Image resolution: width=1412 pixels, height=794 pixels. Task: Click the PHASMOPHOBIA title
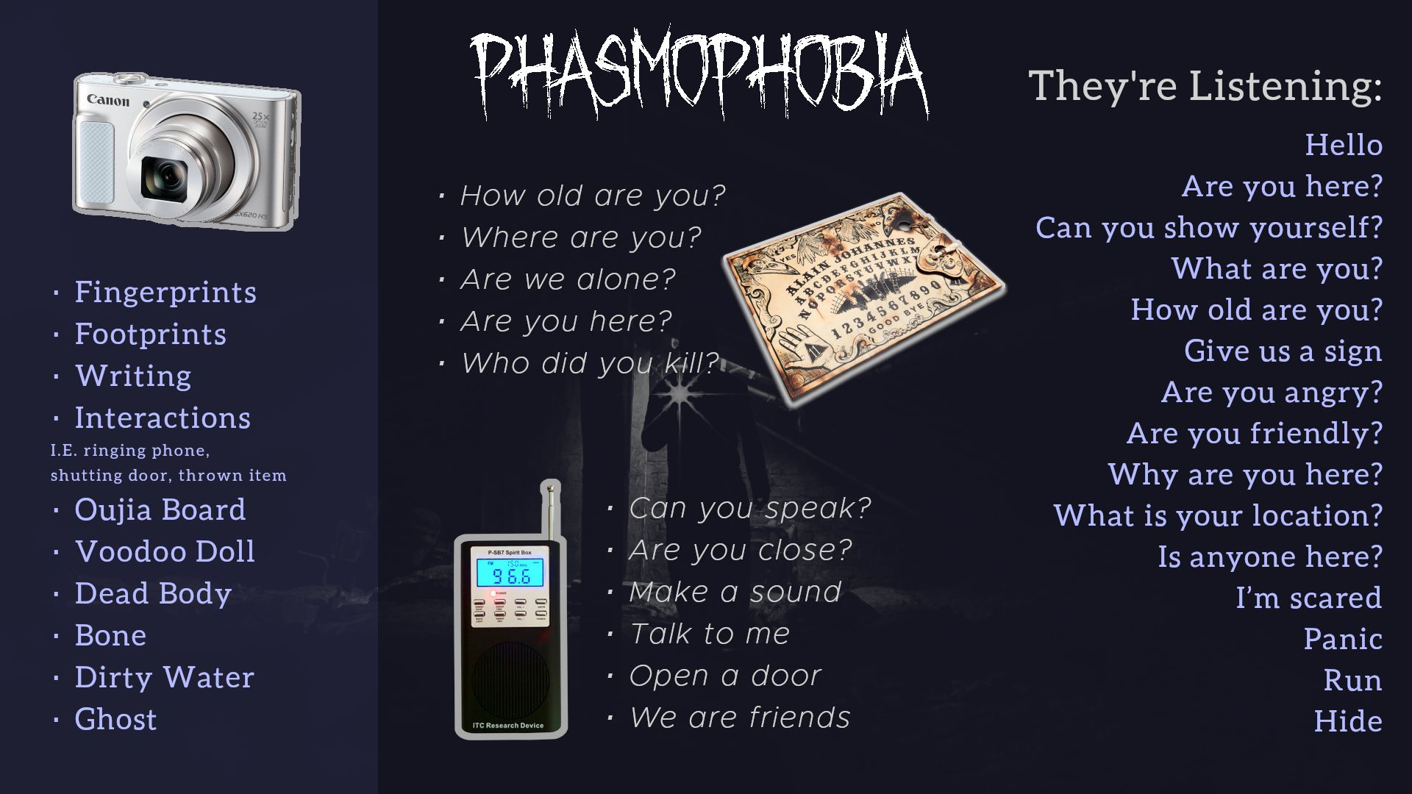point(699,74)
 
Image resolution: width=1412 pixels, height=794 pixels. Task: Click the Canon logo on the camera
point(108,100)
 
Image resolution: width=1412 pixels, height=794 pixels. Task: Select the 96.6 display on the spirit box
point(510,575)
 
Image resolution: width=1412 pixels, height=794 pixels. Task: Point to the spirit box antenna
point(549,511)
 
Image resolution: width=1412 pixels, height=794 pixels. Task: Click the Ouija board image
point(864,298)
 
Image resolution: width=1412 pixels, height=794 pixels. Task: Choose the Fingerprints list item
point(165,293)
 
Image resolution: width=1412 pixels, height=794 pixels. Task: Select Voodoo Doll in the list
point(165,551)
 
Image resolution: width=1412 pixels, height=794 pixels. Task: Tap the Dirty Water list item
point(164,677)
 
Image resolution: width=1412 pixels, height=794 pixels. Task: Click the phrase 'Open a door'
point(725,676)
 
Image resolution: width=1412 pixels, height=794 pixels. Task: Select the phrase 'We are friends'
point(740,718)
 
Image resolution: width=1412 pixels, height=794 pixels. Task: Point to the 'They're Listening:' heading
point(1205,86)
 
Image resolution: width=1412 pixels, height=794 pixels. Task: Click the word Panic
point(1343,639)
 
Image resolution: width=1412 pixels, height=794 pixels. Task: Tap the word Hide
point(1348,721)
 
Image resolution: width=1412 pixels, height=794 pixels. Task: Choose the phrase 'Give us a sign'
point(1283,351)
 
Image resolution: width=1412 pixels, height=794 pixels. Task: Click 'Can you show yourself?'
point(1209,227)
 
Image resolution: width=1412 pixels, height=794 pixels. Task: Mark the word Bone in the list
point(110,635)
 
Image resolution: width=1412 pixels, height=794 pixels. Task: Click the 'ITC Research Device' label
point(508,726)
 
